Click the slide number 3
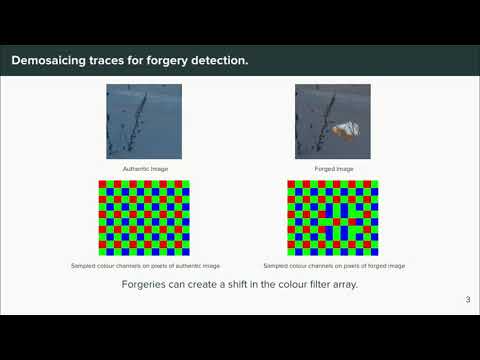tap(468, 300)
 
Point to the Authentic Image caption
tap(144, 168)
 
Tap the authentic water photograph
tap(144, 121)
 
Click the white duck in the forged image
tap(346, 130)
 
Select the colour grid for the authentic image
tap(144, 217)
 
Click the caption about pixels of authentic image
tap(145, 266)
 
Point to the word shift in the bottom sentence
tap(239, 284)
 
